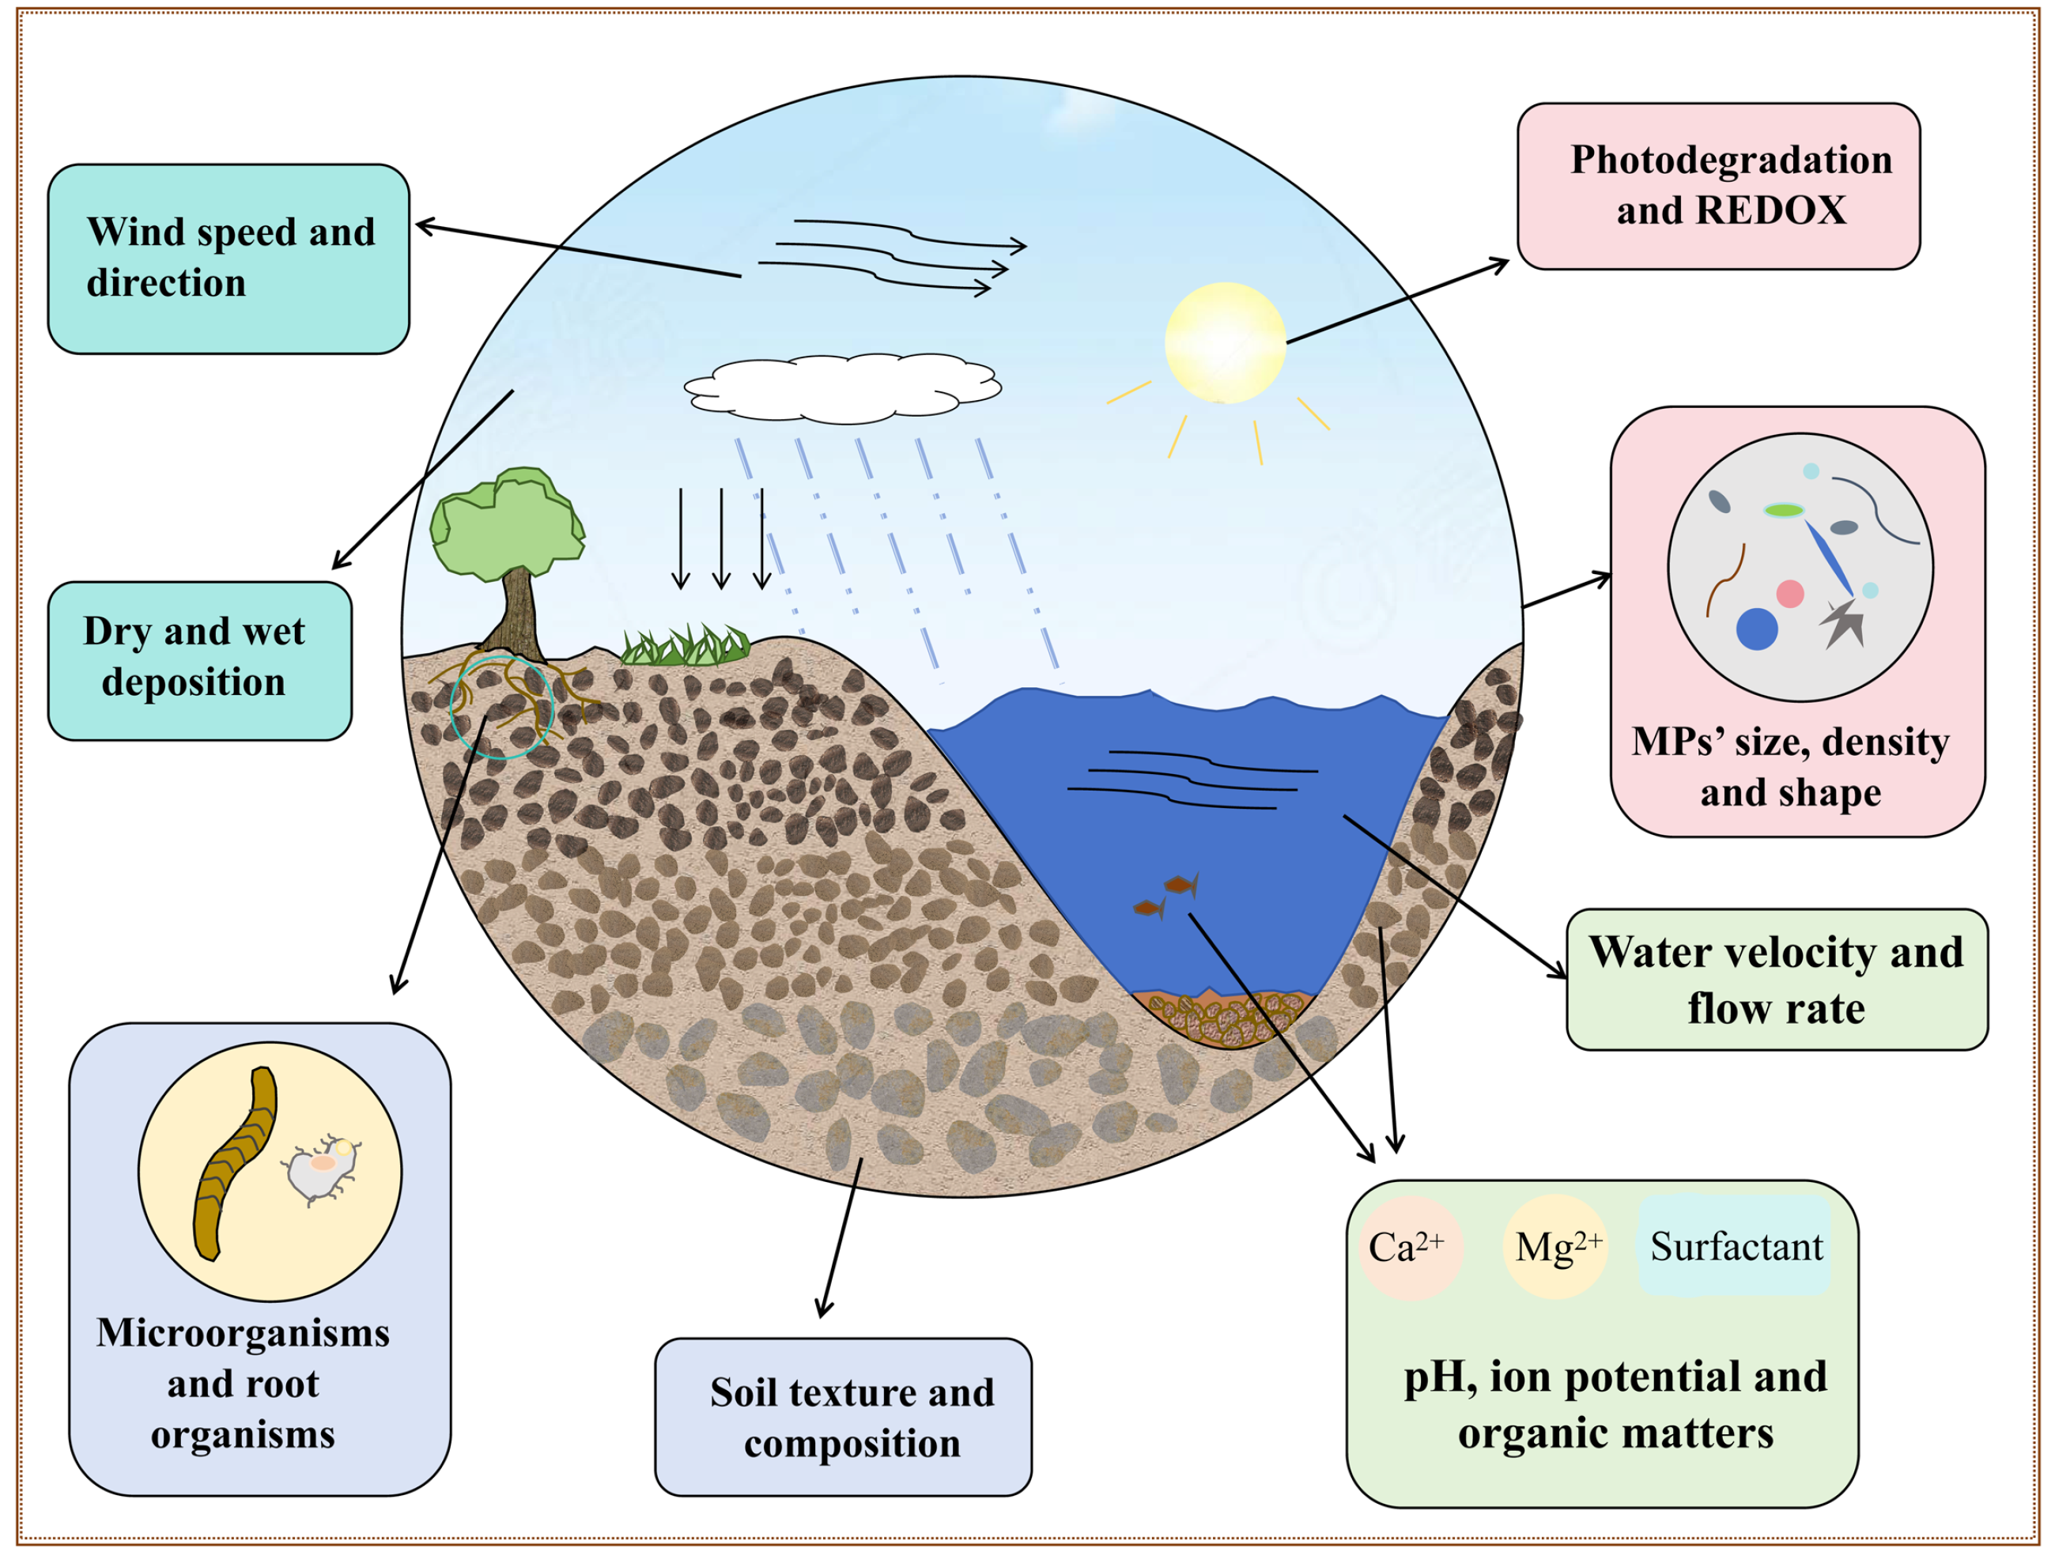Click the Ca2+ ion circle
1409,1247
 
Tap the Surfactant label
1736,1247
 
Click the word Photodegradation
1731,160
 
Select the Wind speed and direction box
229,259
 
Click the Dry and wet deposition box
200,660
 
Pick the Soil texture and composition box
843,1417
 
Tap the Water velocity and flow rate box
1777,979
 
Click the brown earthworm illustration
234,1166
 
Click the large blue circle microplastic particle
1756,629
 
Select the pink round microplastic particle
1789,594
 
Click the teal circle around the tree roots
501,707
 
